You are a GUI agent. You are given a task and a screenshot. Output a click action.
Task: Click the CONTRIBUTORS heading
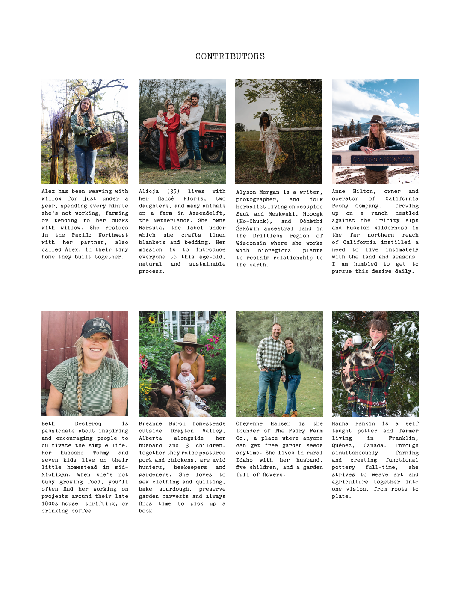point(230,56)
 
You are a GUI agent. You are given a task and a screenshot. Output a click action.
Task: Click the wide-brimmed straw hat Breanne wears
point(189,340)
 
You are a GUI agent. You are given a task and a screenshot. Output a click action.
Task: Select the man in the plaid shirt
point(271,364)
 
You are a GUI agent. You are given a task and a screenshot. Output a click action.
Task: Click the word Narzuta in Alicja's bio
point(151,228)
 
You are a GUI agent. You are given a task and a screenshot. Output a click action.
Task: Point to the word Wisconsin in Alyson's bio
point(251,243)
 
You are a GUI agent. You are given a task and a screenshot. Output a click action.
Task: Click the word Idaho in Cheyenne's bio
point(245,460)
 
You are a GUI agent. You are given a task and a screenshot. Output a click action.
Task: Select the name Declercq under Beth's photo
point(88,423)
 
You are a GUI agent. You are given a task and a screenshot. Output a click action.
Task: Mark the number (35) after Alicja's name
point(173,191)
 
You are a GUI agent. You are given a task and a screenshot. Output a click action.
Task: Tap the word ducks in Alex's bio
point(120,220)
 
